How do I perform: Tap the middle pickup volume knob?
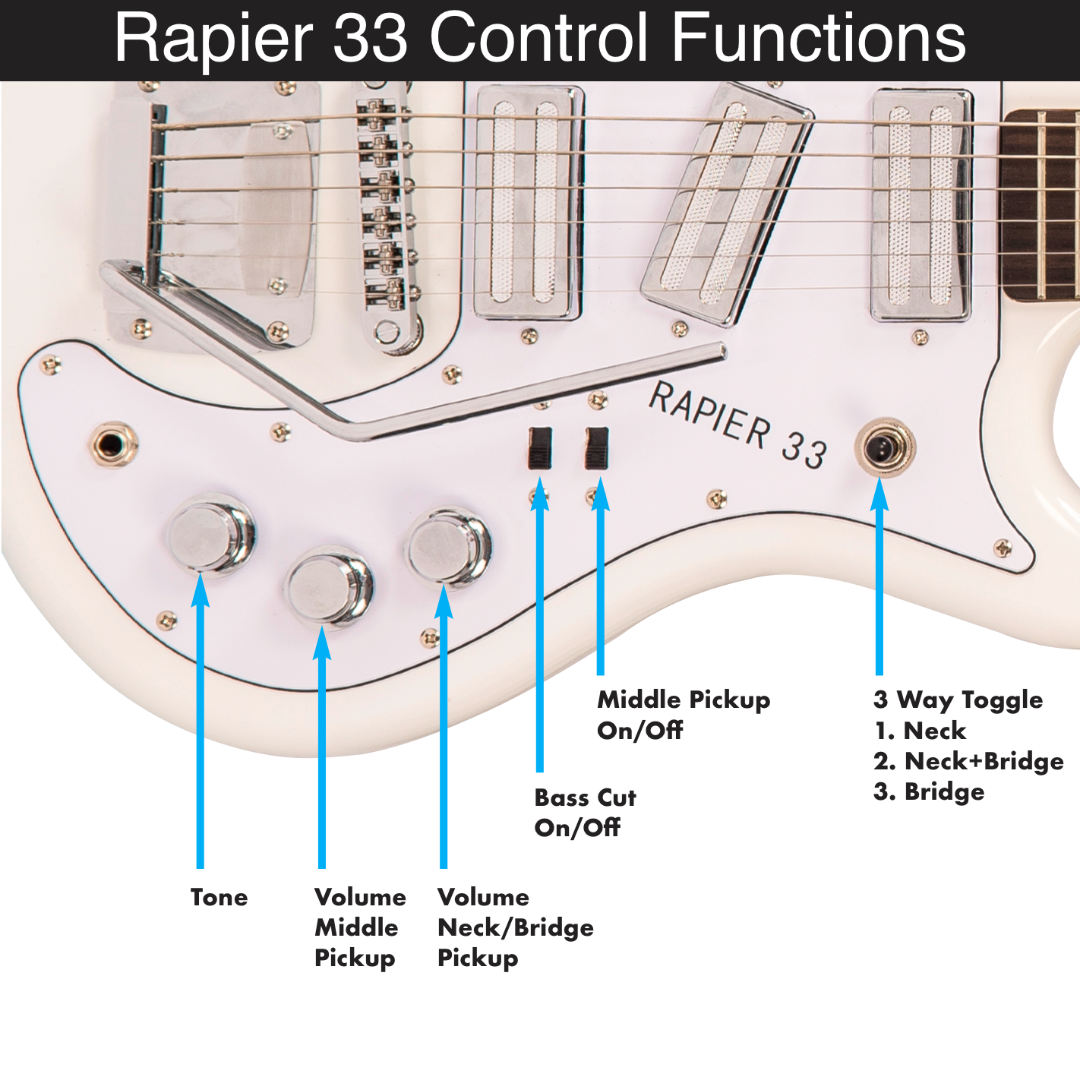pos(328,586)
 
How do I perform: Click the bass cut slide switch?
pos(540,447)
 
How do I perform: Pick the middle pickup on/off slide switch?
pos(597,447)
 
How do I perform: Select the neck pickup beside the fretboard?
pos(921,205)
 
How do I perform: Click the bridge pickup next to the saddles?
pos(528,203)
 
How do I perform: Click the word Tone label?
pos(219,897)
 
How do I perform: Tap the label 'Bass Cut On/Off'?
pos(584,813)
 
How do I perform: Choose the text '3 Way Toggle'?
pos(957,700)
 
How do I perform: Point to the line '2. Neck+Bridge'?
pos(968,761)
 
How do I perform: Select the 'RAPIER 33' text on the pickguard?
pos(737,425)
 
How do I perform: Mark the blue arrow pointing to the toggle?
pos(879,577)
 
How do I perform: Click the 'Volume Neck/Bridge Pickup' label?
pos(514,927)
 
